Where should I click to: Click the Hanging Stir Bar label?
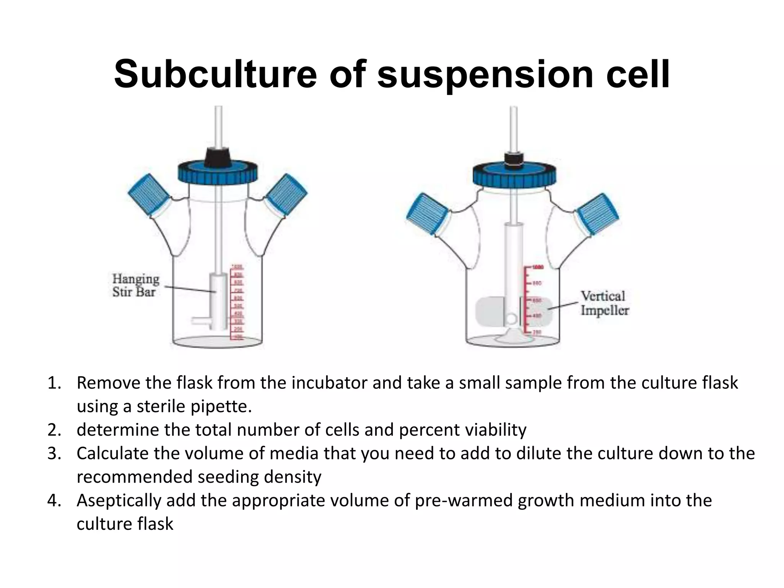(x=136, y=285)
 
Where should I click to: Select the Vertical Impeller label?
(x=604, y=303)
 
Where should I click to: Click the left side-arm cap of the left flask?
(x=149, y=195)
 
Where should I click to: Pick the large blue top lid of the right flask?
(x=514, y=175)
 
